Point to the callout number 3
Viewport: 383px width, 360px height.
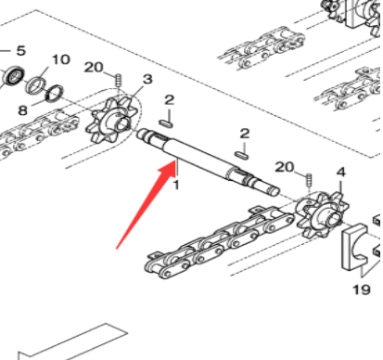tap(147, 81)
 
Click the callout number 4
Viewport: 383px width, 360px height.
tap(340, 172)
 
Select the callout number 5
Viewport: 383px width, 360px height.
tap(22, 49)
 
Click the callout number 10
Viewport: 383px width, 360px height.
tap(60, 59)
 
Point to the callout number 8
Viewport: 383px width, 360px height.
tap(23, 109)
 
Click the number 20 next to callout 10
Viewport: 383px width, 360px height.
tap(93, 67)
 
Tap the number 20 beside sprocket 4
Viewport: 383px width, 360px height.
tap(286, 166)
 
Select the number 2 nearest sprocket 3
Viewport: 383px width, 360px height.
tap(169, 99)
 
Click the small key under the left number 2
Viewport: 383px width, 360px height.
tap(168, 118)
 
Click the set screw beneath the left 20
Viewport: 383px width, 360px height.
tap(118, 81)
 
